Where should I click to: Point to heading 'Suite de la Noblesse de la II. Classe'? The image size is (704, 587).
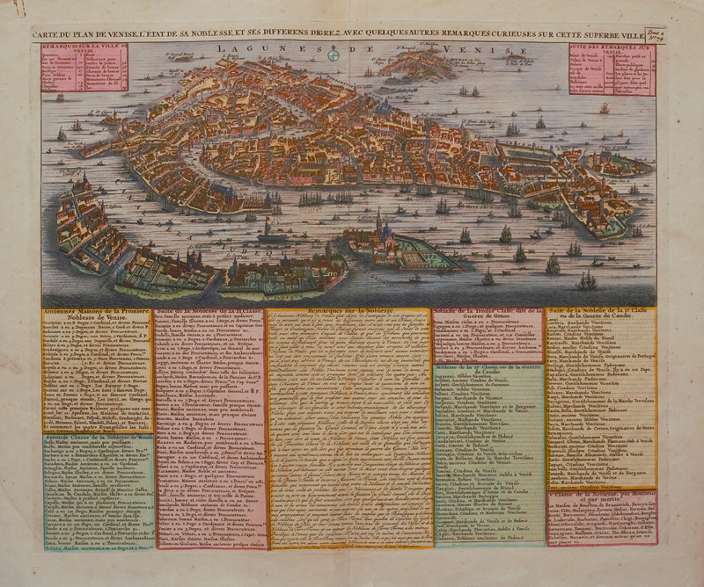(210, 313)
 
